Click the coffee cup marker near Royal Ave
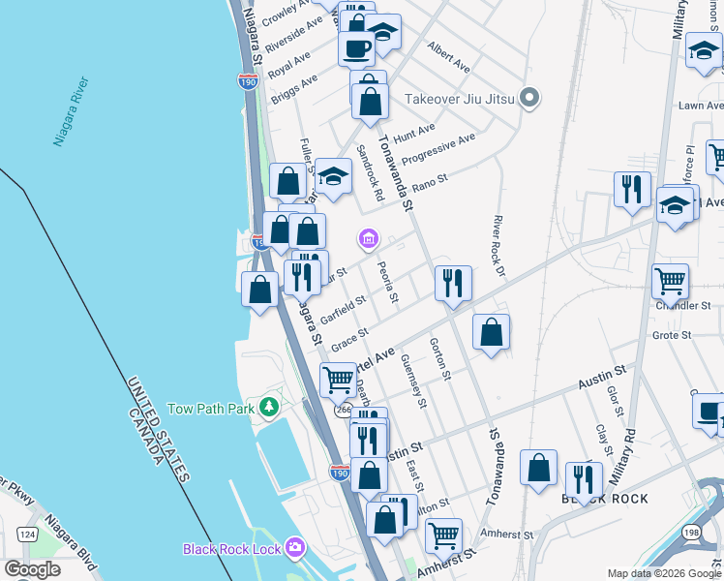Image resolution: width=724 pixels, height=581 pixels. pyautogui.click(x=356, y=48)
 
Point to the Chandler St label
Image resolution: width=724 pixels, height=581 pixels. pyautogui.click(x=683, y=306)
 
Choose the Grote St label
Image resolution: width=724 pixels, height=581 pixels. pyautogui.click(x=671, y=336)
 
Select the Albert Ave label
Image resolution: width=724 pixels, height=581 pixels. pyautogui.click(x=448, y=57)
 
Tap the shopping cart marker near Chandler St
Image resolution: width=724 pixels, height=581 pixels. pyautogui.click(x=670, y=281)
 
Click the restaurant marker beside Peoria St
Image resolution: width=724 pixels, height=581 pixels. pyautogui.click(x=452, y=283)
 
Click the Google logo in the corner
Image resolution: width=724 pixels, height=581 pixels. pyautogui.click(x=32, y=569)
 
